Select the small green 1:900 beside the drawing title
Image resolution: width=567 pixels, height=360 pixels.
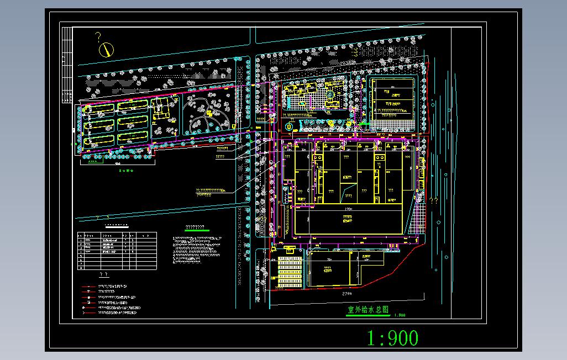[400, 315]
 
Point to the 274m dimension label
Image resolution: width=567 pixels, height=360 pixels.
[348, 294]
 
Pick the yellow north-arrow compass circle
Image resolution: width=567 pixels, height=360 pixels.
[105, 50]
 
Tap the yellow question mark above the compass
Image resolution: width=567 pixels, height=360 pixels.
[98, 38]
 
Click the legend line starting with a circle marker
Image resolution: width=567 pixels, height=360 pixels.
[111, 308]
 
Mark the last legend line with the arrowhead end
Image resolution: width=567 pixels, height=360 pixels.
[111, 313]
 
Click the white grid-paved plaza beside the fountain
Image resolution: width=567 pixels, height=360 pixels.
[302, 103]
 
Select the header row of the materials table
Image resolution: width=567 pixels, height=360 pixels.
[117, 235]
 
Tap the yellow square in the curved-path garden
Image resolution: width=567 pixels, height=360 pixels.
[210, 113]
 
